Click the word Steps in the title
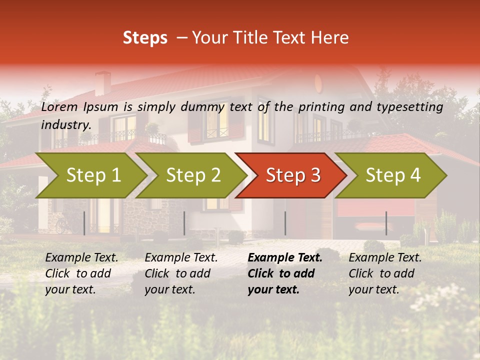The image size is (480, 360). pyautogui.click(x=145, y=38)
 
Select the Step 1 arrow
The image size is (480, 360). pyautogui.click(x=90, y=175)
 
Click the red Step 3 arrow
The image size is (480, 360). pyautogui.click(x=291, y=175)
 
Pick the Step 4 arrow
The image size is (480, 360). pyautogui.click(x=391, y=175)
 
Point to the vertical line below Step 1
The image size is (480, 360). pyautogui.click(x=84, y=223)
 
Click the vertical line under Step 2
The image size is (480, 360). pyautogui.click(x=184, y=223)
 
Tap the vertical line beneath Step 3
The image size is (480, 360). pyautogui.click(x=285, y=223)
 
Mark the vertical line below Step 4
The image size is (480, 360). pyautogui.click(x=386, y=223)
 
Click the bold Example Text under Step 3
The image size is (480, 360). pyautogui.click(x=284, y=258)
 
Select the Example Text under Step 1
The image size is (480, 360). pyautogui.click(x=81, y=258)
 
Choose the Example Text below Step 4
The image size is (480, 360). pyautogui.click(x=385, y=258)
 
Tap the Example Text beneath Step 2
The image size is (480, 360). pyautogui.click(x=181, y=258)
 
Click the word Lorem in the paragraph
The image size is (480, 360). pyautogui.click(x=59, y=107)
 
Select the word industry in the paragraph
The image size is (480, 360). pyautogui.click(x=65, y=125)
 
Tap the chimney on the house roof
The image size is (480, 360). pyautogui.click(x=103, y=82)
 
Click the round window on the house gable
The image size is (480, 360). pyautogui.click(x=319, y=82)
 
